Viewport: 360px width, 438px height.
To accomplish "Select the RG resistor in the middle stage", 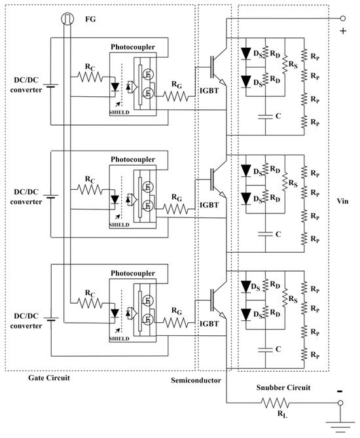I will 174,209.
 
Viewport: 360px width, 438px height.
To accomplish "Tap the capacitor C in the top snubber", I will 266,116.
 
